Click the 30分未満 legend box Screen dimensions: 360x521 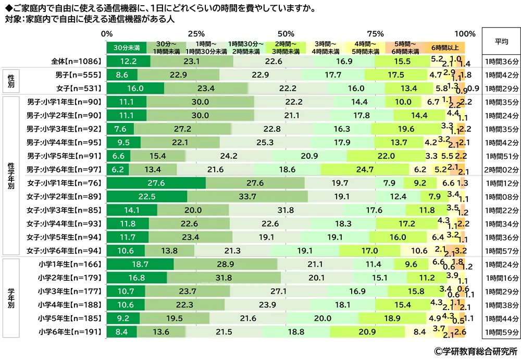tap(126, 47)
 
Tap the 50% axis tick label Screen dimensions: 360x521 tap(286, 34)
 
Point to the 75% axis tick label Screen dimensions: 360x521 tap(379, 34)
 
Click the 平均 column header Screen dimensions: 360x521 tap(500, 41)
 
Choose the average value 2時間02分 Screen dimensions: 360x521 tap(500, 169)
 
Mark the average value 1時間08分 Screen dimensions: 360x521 tap(500, 196)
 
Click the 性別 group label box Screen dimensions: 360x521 tap(11, 81)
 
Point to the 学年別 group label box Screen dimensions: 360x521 tap(11, 296)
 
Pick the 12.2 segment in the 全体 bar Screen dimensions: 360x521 tap(128, 61)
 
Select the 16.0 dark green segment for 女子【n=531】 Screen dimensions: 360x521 tap(135, 88)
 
